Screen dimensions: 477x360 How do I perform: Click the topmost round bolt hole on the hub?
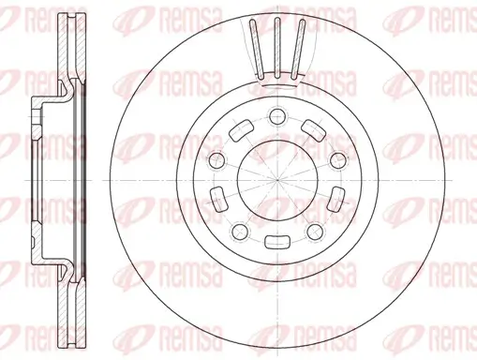pyautogui.click(x=277, y=116)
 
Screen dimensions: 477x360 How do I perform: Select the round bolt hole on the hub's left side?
pyautogui.click(x=216, y=160)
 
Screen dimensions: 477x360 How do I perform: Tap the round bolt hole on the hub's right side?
pyautogui.click(x=338, y=160)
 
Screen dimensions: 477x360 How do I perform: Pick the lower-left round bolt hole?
pyautogui.click(x=240, y=232)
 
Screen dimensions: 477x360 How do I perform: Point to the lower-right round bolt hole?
pyautogui.click(x=315, y=232)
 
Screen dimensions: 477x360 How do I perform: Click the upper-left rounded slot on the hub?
pyautogui.click(x=241, y=130)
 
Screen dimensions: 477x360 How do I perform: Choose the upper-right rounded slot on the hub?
pyautogui.click(x=314, y=130)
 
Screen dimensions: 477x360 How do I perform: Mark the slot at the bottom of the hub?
pyautogui.click(x=277, y=242)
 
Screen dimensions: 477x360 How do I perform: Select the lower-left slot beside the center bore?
pyautogui.click(x=218, y=200)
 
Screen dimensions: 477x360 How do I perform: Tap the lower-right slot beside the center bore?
pyautogui.click(x=336, y=200)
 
